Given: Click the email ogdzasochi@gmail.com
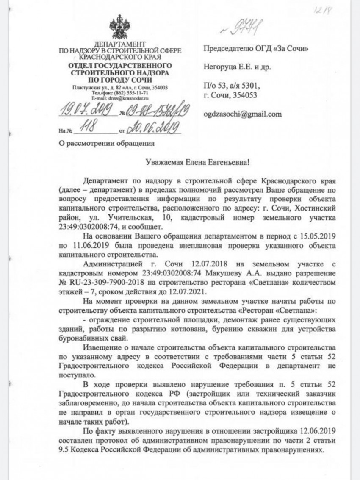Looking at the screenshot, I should tap(243, 114).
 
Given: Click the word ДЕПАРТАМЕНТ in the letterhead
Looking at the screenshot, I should tap(119, 44).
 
